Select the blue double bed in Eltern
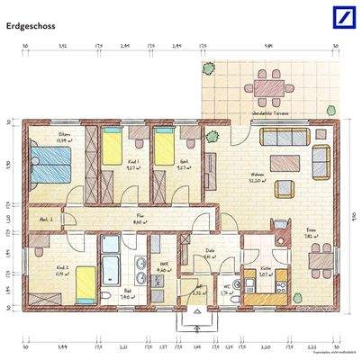(51, 166)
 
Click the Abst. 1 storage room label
(44, 220)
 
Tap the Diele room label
(208, 252)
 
